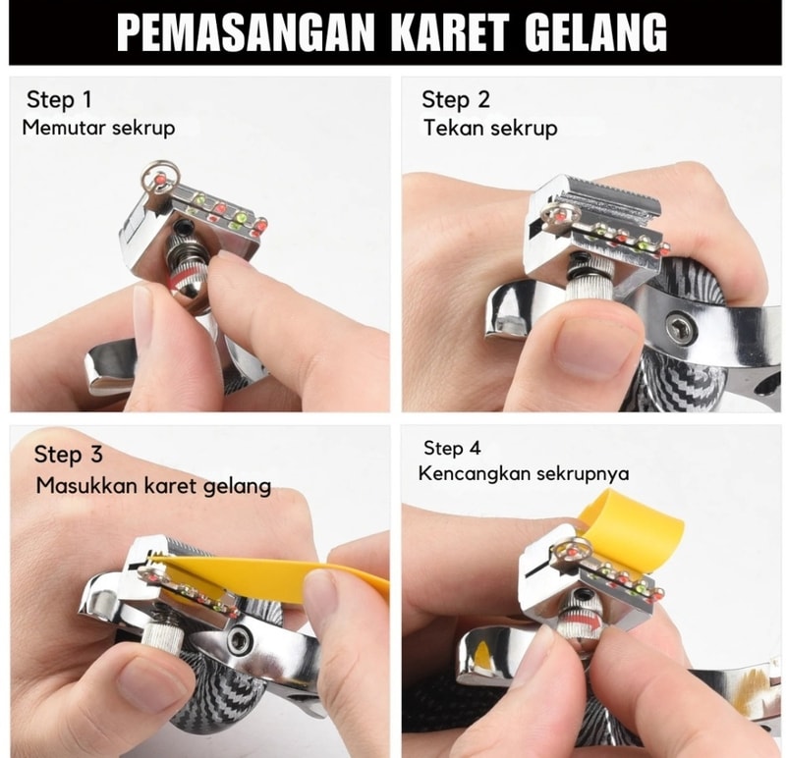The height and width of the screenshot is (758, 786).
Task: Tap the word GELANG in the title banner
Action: point(596,32)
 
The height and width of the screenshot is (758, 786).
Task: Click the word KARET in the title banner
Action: point(450,32)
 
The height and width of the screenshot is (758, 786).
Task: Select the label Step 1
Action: point(60,99)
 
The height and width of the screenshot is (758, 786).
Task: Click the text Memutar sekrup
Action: point(99,128)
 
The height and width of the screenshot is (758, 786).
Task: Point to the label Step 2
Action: point(456,99)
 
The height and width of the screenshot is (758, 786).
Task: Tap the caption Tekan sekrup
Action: point(490,128)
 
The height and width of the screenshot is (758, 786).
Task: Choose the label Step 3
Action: point(68,455)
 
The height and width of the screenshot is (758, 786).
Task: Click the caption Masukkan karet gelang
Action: point(153,486)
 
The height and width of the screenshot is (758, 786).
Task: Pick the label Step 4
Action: point(452,448)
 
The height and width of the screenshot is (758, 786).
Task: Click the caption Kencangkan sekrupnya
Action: point(524,473)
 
